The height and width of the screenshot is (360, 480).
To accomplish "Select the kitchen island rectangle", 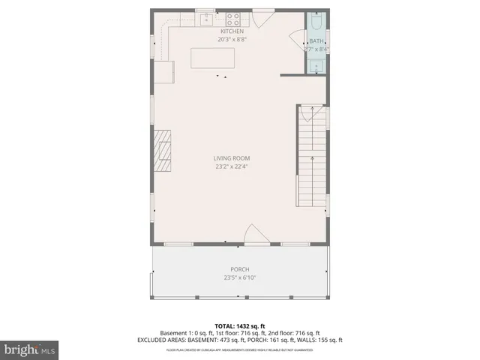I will pos(213,58).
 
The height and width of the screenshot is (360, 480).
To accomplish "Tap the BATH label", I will pos(316,42).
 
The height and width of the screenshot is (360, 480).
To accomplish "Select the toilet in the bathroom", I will pos(316,20).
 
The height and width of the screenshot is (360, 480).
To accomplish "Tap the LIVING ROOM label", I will pos(231,158).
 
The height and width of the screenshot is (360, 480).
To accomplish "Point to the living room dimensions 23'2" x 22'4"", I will pos(231,166).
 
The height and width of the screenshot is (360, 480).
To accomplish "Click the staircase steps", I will pos(313,157).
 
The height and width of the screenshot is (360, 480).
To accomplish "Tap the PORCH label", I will pos(240,269).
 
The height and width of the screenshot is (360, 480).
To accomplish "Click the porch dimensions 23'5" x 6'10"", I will pos(240,277).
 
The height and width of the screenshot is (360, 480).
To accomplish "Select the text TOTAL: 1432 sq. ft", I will pos(240,325).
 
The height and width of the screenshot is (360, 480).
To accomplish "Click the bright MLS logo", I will pos(30,349).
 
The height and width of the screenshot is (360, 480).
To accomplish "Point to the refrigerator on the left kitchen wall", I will pos(165,72).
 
